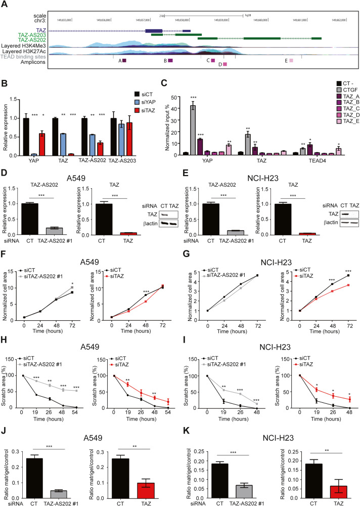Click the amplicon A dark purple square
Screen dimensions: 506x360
coord(124,60)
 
